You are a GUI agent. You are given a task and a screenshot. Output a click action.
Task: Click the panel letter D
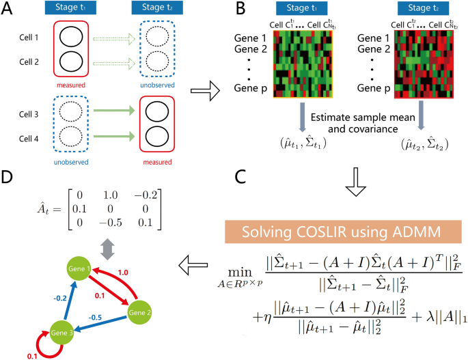(10, 177)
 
